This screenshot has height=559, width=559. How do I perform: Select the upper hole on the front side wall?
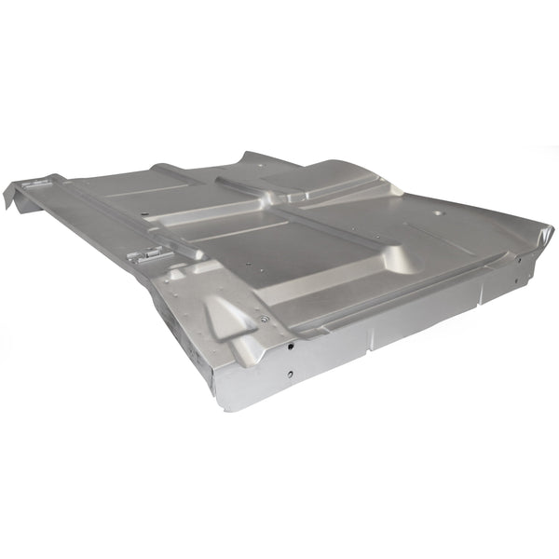tap(290, 346)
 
